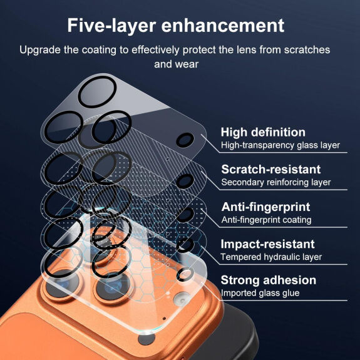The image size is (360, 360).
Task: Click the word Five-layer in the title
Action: click(111, 26)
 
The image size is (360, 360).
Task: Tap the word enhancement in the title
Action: click(223, 25)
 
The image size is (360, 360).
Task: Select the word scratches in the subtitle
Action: click(307, 50)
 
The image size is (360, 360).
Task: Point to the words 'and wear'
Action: click(176, 64)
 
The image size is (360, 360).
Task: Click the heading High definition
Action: click(263, 132)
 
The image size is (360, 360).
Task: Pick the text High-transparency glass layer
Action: click(280, 145)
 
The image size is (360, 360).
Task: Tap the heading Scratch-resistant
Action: click(271, 170)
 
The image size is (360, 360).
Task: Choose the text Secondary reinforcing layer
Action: click(276, 182)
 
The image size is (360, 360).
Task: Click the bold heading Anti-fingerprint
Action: click(265, 207)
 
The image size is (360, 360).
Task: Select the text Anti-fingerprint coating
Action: click(266, 220)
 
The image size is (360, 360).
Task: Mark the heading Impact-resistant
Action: click(267, 244)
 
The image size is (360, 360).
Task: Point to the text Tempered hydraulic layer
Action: click(271, 257)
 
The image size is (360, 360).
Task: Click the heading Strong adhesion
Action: click(269, 280)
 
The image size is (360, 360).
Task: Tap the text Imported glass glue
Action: click(260, 293)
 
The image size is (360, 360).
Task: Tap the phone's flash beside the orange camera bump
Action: click(182, 300)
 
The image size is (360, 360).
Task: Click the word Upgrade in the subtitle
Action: click(40, 50)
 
